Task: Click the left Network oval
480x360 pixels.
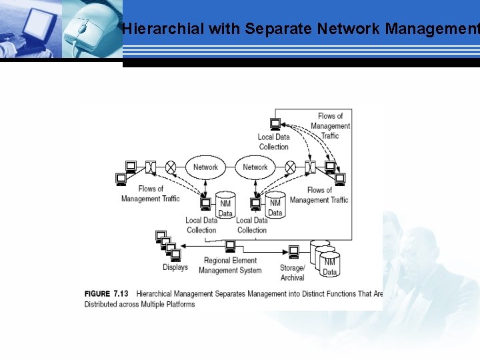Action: click(x=205, y=167)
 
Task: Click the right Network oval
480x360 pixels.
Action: click(x=255, y=167)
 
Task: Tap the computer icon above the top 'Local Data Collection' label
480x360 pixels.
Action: click(x=275, y=124)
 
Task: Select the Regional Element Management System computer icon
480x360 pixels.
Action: click(x=230, y=247)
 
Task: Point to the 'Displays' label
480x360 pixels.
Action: click(x=175, y=267)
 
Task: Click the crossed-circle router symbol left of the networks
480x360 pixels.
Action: click(x=171, y=167)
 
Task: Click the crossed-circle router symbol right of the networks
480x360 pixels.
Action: click(x=290, y=167)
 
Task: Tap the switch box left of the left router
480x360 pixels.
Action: click(x=151, y=167)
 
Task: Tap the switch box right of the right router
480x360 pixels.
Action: click(x=310, y=167)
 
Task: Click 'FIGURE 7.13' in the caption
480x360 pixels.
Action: click(x=107, y=293)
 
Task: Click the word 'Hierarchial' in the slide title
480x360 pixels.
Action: click(x=163, y=29)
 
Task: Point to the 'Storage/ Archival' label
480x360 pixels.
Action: click(x=293, y=272)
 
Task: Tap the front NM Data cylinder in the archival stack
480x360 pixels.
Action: click(x=329, y=265)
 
